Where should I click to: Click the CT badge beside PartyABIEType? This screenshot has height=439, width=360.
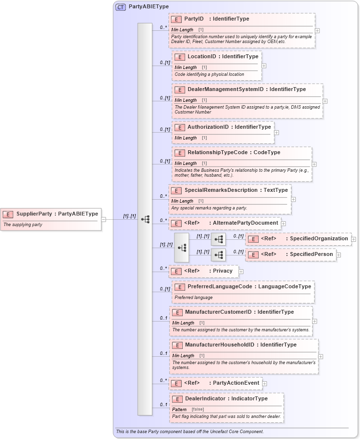[120, 7]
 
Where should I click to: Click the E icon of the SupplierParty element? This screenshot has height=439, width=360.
[8, 214]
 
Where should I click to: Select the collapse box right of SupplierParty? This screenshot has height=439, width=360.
[104, 219]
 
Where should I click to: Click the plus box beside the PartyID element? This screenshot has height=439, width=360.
[317, 30]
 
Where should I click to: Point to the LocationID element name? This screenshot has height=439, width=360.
[201, 57]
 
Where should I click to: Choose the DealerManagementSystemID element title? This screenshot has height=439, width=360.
[225, 90]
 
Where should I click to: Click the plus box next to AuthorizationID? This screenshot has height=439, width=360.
[277, 132]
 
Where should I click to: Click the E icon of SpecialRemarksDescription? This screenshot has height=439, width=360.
[176, 190]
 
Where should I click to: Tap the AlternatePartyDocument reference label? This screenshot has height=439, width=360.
[245, 223]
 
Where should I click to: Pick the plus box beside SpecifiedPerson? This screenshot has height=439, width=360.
[338, 254]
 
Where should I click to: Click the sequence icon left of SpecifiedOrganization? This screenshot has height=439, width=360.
[218, 239]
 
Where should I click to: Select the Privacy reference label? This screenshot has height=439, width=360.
[222, 271]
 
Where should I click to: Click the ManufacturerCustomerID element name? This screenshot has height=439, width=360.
[218, 312]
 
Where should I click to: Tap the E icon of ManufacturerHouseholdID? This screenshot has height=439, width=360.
[177, 345]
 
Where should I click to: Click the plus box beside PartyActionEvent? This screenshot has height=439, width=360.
[264, 383]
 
